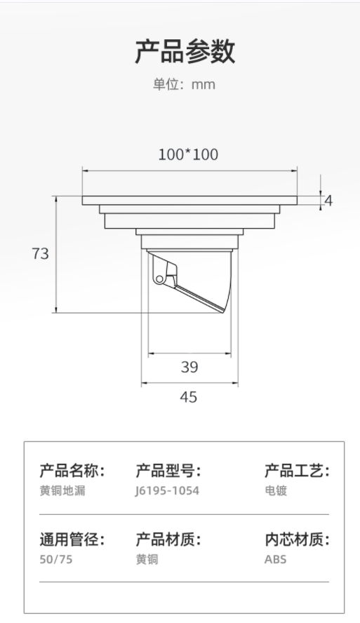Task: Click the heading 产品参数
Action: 185,52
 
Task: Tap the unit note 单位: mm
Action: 185,85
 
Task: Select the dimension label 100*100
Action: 188,154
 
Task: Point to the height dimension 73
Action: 40,253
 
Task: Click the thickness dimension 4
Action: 328,201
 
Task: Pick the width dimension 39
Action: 189,367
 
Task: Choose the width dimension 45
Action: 188,397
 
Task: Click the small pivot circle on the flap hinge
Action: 159,279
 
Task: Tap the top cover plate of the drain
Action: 189,200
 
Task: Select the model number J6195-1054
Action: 167,490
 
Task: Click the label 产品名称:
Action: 72,471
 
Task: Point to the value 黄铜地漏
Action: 62,490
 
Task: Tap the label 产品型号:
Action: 168,471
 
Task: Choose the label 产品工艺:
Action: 298,471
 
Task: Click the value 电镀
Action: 276,490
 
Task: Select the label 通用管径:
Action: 72,540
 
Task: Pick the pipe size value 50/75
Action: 56,559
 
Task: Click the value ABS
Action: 275,559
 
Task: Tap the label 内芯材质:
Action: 298,540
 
